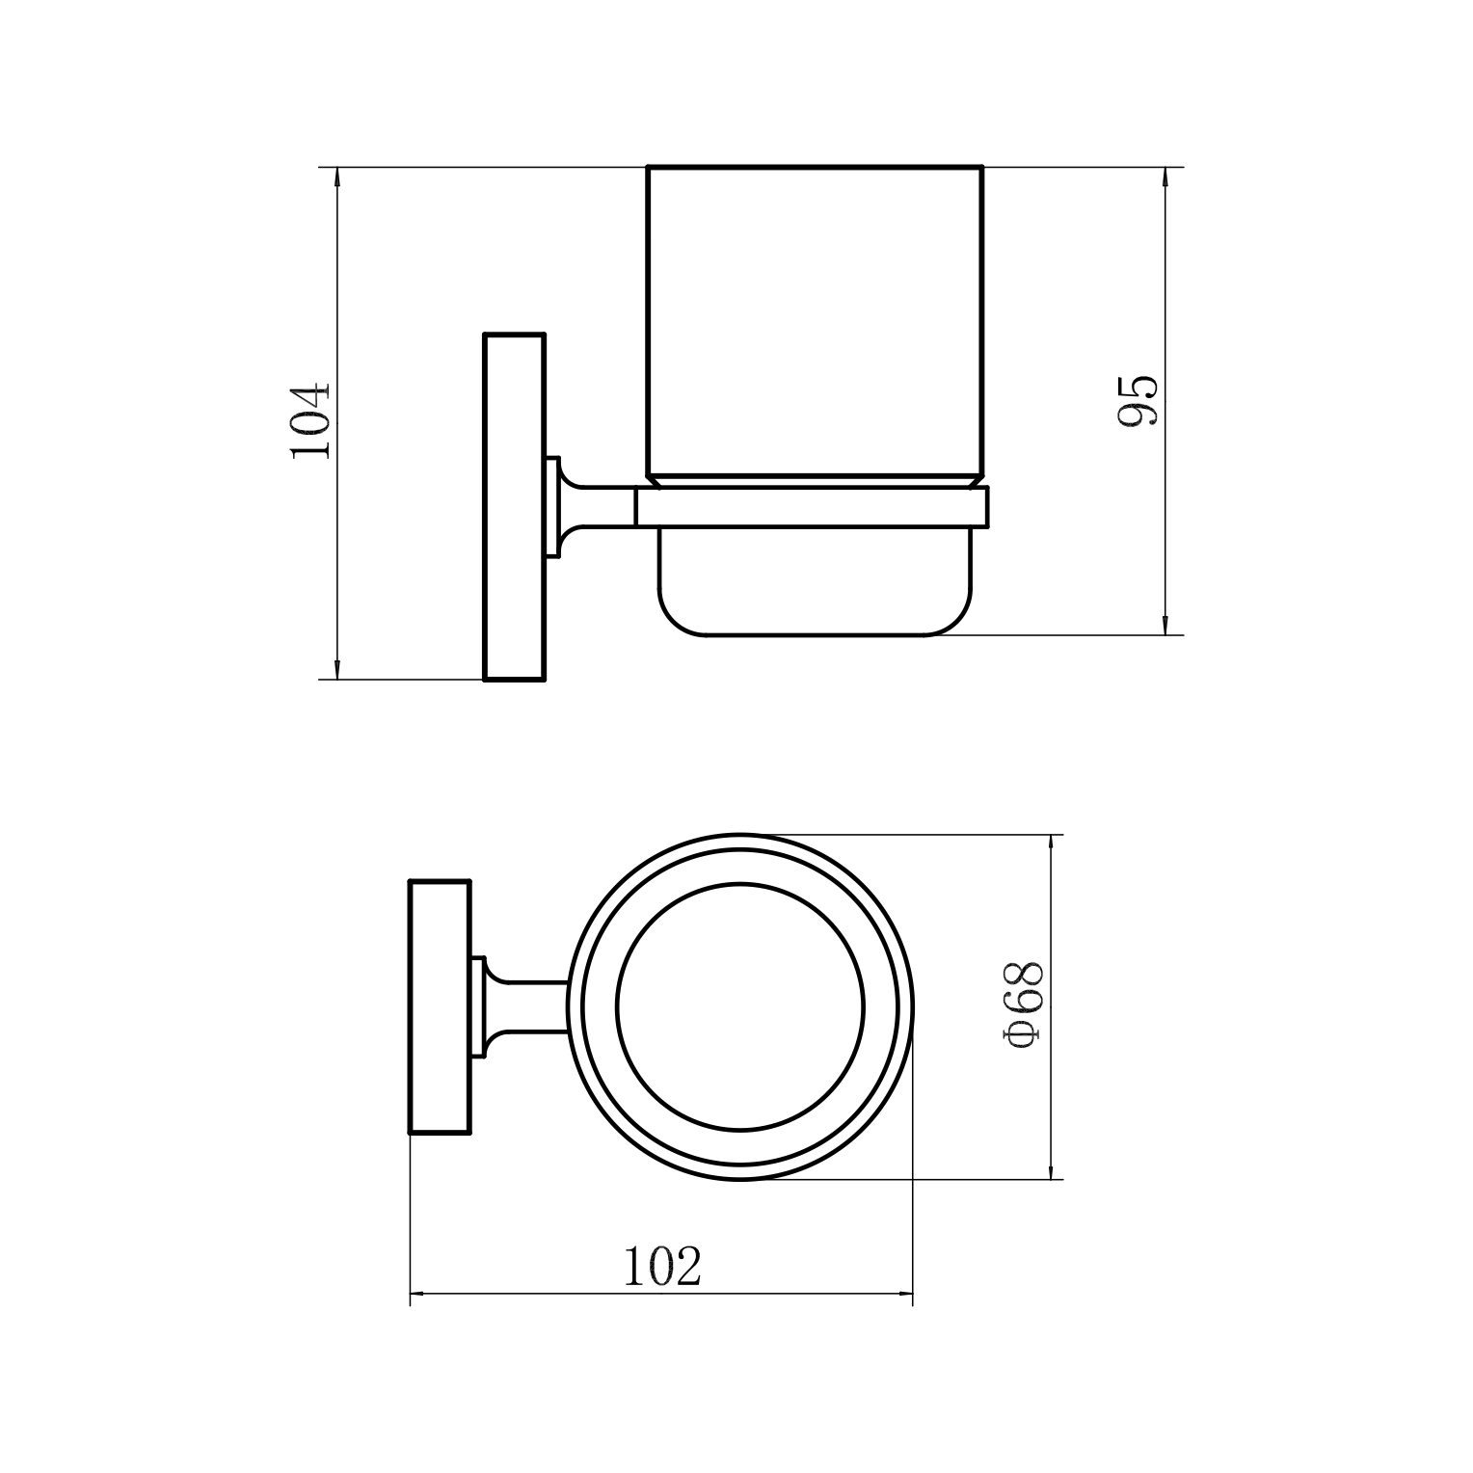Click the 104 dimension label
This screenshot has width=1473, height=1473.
click(311, 420)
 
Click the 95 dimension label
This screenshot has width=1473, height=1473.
click(1138, 400)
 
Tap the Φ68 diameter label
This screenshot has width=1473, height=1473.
click(1023, 1005)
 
